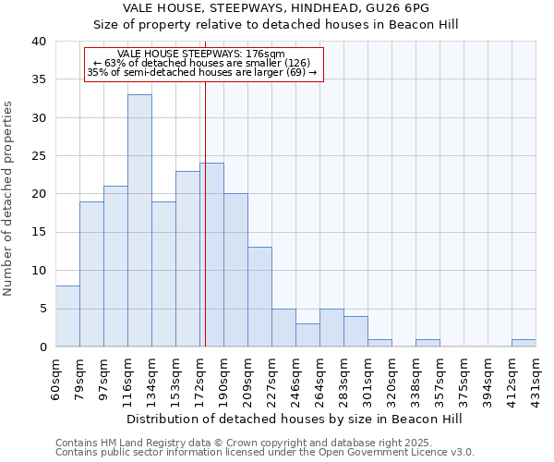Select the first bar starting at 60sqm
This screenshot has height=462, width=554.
(67, 316)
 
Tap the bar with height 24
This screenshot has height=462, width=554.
(211, 254)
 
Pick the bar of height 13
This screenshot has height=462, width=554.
(259, 297)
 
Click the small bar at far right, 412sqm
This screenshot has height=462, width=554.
(524, 343)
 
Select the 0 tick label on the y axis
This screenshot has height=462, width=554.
(42, 347)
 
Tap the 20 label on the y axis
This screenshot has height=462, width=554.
(38, 194)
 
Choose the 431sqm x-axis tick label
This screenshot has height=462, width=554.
(536, 377)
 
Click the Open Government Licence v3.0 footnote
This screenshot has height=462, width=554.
(265, 453)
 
